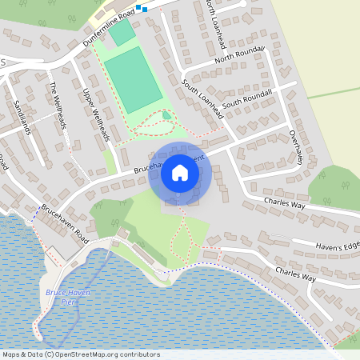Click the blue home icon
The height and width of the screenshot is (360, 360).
click(x=180, y=173)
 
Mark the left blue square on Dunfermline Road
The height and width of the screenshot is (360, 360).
click(x=138, y=8)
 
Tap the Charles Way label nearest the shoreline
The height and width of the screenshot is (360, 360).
click(x=295, y=274)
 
